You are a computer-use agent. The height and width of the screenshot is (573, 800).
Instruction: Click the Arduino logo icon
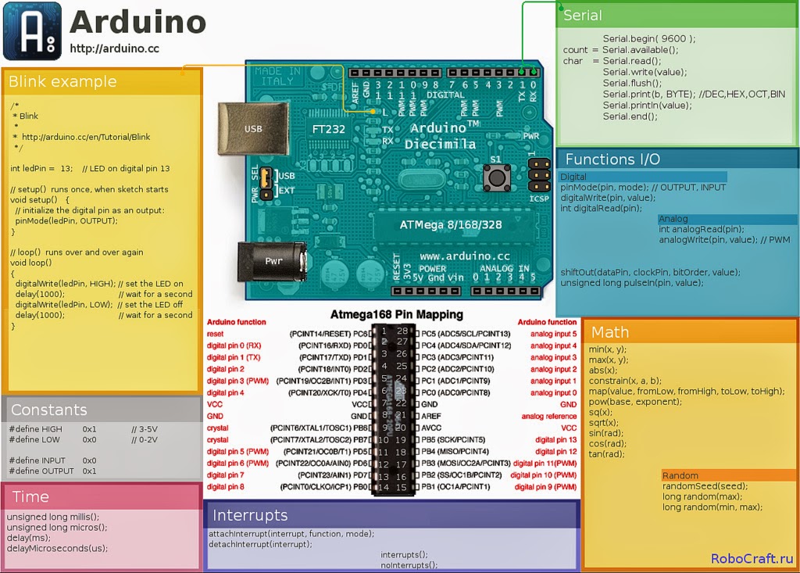click(32, 31)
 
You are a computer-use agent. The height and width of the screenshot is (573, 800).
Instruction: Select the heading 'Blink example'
click(62, 82)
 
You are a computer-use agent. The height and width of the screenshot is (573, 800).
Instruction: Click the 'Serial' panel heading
click(583, 15)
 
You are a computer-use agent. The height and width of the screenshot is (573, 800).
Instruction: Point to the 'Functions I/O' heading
click(612, 159)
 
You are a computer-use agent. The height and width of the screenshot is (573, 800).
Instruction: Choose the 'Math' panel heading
click(610, 332)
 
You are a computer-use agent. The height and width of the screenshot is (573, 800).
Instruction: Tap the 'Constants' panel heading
click(48, 410)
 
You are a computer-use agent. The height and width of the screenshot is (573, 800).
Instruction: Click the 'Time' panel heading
click(30, 497)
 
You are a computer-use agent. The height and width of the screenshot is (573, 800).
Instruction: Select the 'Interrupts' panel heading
click(250, 515)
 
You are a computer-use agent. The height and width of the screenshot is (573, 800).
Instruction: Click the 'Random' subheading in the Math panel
click(680, 475)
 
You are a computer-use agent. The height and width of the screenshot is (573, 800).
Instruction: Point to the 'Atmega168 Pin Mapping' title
click(396, 314)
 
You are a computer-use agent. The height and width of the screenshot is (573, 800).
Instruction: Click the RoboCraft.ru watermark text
click(752, 558)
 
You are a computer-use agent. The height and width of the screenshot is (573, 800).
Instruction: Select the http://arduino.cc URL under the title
click(114, 48)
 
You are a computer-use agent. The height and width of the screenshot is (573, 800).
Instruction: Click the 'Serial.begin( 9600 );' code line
click(648, 38)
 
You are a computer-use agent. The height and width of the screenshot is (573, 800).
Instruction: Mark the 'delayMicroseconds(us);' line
click(57, 548)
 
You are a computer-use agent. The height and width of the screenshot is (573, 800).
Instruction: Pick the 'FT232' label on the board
click(328, 129)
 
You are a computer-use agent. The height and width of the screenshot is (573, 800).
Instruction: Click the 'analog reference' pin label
click(549, 417)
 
